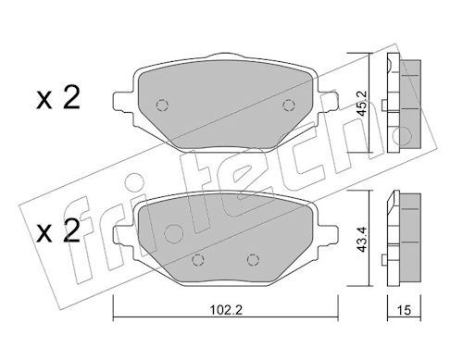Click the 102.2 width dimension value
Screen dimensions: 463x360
pos(226,310)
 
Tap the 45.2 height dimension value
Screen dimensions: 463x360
pos(361,103)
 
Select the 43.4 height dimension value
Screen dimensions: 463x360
pos(361,239)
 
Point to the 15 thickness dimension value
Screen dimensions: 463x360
pos(404,310)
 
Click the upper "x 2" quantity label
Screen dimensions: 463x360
pos(58,98)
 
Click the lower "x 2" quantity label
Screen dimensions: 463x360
pos(58,231)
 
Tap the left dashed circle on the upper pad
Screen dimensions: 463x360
pos(162,106)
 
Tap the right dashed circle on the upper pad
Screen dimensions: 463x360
pos(288,106)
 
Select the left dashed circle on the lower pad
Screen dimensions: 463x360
pos(197,260)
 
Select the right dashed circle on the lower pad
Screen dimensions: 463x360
pos(253,260)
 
